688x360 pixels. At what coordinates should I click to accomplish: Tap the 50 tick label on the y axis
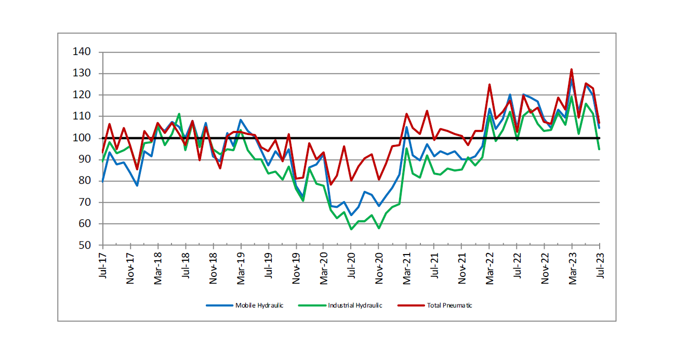point(87,245)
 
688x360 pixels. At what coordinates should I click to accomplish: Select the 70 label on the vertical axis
point(87,203)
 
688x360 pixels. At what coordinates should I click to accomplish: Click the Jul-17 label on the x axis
point(103,266)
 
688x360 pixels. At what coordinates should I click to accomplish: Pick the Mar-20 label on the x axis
point(324,268)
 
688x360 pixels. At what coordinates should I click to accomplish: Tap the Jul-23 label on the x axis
point(600,266)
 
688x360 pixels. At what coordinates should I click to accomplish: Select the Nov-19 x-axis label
point(296,268)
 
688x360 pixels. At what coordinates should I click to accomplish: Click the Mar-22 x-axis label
point(489,268)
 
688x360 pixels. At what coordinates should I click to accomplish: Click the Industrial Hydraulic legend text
point(355,305)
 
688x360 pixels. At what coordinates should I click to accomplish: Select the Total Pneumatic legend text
point(449,305)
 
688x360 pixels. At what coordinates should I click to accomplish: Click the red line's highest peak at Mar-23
point(572,69)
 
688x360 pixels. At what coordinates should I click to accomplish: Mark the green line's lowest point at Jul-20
point(351,229)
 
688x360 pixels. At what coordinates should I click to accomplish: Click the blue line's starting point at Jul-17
point(103,181)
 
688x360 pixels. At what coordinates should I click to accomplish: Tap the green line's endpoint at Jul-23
point(600,149)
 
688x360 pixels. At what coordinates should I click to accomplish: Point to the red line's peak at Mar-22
point(489,85)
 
